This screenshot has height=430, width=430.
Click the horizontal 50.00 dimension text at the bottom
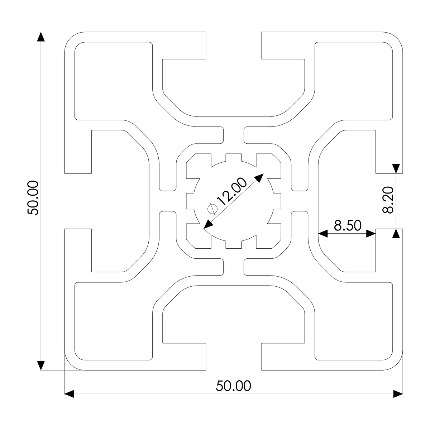pos(234,386)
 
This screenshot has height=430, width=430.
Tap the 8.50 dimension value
pos(347,225)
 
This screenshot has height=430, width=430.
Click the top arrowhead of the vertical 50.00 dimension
pos(41,37)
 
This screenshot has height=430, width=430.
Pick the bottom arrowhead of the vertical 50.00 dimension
pos(41,365)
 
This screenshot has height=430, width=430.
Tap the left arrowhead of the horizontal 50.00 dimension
pos(69,394)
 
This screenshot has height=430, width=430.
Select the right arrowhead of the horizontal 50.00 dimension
pos(398,394)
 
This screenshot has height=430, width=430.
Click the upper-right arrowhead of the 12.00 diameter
pos(259,178)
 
